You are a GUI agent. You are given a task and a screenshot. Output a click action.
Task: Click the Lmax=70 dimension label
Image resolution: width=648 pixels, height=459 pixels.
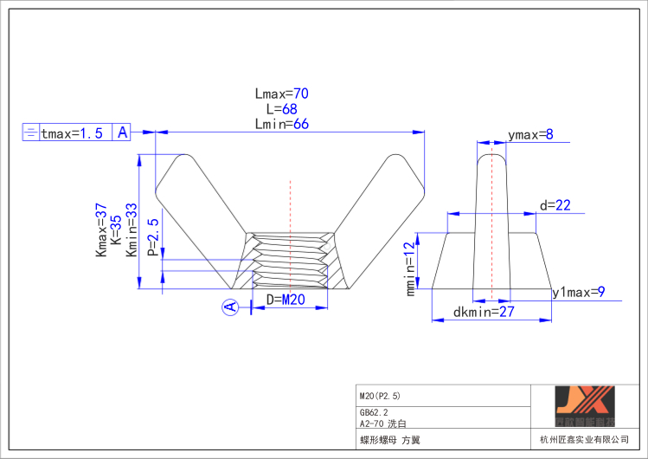click(282, 94)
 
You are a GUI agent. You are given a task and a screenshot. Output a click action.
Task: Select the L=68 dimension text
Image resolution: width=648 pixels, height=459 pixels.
click(282, 109)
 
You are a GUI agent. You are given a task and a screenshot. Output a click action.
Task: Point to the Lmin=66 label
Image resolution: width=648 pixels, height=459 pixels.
click(282, 124)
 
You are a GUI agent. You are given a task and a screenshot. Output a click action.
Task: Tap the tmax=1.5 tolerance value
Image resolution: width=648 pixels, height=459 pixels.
click(73, 133)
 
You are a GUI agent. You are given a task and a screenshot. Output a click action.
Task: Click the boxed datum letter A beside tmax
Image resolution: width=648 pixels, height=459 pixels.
click(122, 133)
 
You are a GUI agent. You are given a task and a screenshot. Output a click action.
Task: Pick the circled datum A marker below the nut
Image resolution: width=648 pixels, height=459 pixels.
click(230, 307)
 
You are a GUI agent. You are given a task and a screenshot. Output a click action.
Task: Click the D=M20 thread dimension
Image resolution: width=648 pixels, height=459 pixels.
click(286, 301)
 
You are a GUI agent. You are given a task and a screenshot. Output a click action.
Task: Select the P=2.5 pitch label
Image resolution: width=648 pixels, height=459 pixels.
click(152, 237)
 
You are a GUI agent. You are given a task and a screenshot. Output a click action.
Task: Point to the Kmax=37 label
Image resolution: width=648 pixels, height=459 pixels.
click(100, 230)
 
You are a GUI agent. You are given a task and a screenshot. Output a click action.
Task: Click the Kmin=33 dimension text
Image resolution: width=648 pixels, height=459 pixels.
click(132, 230)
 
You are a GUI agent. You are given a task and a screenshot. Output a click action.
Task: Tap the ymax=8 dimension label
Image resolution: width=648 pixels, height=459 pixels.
click(530, 134)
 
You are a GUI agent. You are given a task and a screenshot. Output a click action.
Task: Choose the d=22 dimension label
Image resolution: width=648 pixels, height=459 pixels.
click(555, 205)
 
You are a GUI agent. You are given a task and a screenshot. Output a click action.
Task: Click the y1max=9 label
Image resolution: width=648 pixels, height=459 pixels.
click(578, 293)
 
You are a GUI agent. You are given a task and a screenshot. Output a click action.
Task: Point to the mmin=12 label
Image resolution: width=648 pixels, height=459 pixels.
click(411, 268)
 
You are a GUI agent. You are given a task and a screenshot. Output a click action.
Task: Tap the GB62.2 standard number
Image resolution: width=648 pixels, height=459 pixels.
click(374, 413)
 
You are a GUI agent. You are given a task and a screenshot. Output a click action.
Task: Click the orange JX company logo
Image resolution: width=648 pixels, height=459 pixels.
click(584, 405)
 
